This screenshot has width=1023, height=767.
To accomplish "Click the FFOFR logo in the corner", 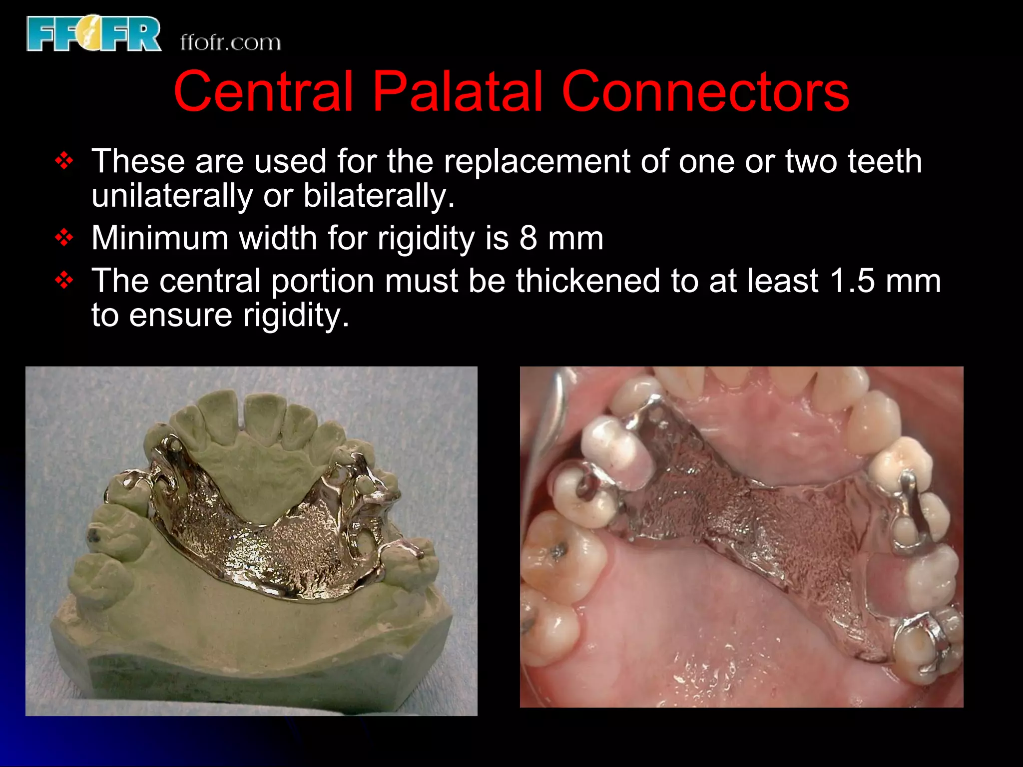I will tap(94, 33).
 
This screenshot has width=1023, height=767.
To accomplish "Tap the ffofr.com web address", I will tap(230, 43).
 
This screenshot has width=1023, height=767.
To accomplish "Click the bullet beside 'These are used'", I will tap(64, 161).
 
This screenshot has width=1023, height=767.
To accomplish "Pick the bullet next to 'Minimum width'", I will tap(64, 238).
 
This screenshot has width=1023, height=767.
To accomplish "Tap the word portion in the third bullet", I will tap(323, 281).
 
